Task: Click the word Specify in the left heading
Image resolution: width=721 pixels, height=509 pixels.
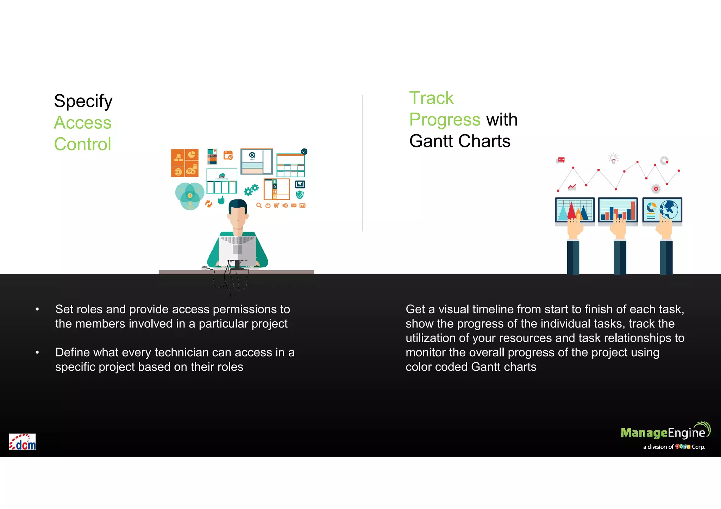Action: pyautogui.click(x=83, y=101)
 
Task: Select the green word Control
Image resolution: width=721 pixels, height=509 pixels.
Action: pyautogui.click(x=82, y=144)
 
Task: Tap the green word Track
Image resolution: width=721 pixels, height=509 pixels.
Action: pyautogui.click(x=431, y=98)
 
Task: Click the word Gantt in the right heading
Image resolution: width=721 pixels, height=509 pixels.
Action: pyautogui.click(x=431, y=141)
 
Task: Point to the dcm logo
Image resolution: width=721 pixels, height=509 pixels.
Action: pyautogui.click(x=23, y=442)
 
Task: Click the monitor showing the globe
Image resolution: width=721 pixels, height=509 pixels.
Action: pyautogui.click(x=662, y=210)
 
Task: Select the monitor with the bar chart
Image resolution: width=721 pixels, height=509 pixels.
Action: pyautogui.click(x=618, y=210)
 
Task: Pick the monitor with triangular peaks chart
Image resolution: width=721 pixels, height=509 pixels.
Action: pyautogui.click(x=575, y=210)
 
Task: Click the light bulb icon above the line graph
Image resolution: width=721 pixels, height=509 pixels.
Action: pyautogui.click(x=613, y=158)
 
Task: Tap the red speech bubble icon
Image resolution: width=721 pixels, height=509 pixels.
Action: pyautogui.click(x=561, y=160)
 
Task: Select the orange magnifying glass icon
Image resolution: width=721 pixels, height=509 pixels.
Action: pyautogui.click(x=259, y=205)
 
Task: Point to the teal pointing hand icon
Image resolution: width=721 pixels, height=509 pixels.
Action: pyautogui.click(x=221, y=200)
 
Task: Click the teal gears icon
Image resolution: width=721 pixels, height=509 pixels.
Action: pyautogui.click(x=251, y=190)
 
